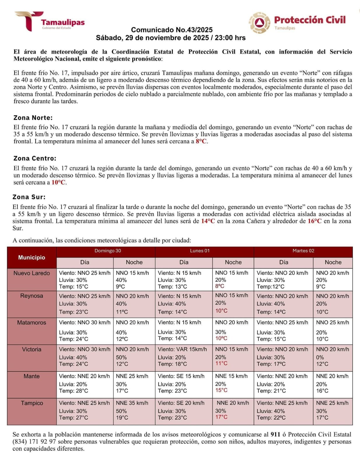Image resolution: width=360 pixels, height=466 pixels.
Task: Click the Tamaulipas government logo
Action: [x=50, y=22]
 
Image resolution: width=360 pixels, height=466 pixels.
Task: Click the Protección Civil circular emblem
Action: [x=259, y=23]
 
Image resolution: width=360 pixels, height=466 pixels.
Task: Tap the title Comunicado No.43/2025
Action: [x=172, y=30]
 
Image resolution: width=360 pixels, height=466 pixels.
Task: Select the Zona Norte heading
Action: [x=33, y=118]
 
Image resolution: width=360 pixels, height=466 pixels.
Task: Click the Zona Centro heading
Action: [x=35, y=158]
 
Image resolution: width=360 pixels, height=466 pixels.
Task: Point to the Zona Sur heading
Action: [x=29, y=197]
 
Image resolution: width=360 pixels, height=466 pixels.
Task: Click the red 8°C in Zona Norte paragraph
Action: [x=201, y=142]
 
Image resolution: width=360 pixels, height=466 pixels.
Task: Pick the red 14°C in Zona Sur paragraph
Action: [x=208, y=221]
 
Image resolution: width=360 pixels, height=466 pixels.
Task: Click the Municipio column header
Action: [x=31, y=257]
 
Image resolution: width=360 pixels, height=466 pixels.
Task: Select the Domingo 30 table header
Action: [x=108, y=251]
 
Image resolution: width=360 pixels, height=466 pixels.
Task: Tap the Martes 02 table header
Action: [x=303, y=251]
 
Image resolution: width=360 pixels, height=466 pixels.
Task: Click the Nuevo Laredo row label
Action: [x=31, y=273]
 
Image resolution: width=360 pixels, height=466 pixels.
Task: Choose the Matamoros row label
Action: [x=31, y=322]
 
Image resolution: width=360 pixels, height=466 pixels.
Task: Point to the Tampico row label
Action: [x=31, y=403]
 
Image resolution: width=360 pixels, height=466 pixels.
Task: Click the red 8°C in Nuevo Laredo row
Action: [x=220, y=286]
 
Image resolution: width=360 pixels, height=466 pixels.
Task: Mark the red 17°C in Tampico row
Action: [x=221, y=417]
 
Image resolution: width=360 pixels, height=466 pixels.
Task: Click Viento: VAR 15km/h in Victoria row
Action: [x=182, y=349]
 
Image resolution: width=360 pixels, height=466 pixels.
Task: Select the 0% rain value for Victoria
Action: [x=320, y=357]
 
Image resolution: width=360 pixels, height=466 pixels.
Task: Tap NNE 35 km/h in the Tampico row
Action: [x=132, y=403]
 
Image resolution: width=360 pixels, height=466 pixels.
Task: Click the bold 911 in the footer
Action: [x=275, y=435]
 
